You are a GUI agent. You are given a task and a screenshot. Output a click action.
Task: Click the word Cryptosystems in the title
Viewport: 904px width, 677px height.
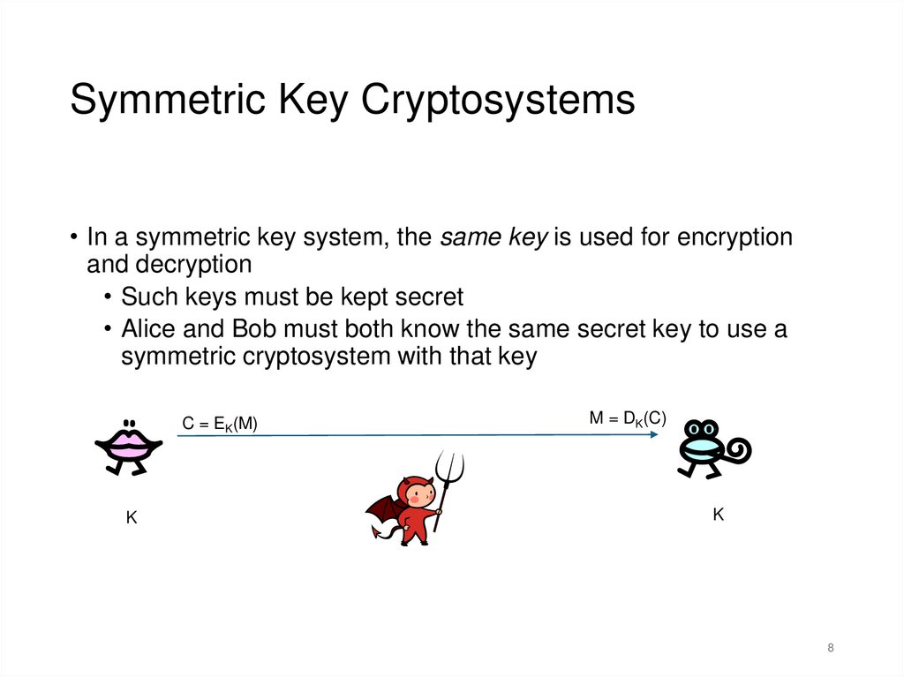[498, 100]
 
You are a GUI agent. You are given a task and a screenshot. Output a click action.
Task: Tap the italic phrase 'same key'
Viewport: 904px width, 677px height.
[494, 237]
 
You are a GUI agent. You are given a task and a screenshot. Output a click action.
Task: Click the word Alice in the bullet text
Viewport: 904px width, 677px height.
[151, 329]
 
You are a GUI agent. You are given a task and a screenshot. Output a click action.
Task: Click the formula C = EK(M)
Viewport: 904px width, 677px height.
[220, 425]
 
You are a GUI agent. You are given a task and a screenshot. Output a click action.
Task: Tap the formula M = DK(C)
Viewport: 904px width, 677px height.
[627, 419]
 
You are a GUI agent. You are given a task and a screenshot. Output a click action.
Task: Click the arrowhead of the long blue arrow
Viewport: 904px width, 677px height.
[658, 434]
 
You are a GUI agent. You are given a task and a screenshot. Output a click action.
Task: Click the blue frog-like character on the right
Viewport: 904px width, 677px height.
[703, 447]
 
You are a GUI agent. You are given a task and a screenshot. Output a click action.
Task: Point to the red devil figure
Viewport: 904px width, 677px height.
[413, 510]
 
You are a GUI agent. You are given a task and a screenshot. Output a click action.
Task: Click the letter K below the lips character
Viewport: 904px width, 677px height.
[132, 519]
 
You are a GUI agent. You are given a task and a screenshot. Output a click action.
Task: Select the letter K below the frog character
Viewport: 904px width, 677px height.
[719, 514]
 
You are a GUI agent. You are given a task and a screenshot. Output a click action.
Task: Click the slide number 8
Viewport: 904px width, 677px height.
[831, 648]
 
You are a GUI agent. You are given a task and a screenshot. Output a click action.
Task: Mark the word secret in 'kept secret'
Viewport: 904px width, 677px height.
[422, 297]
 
